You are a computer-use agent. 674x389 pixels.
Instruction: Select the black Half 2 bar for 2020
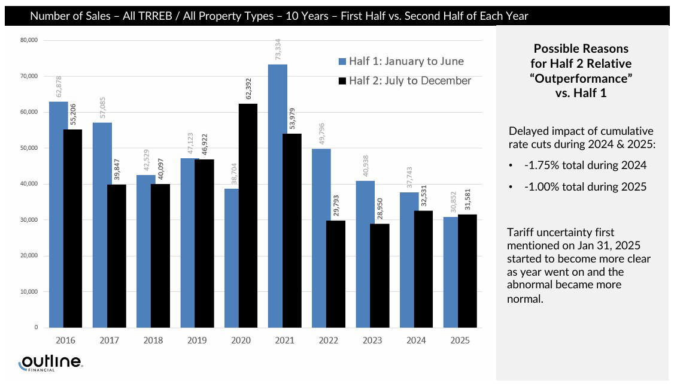pyautogui.click(x=234, y=216)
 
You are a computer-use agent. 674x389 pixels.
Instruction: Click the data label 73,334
pyautogui.click(x=278, y=50)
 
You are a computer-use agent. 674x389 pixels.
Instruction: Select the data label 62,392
pyautogui.click(x=235, y=88)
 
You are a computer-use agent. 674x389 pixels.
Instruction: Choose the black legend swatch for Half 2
pyautogui.click(x=342, y=81)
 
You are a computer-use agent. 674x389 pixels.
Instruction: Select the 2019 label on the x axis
pyautogui.click(x=197, y=340)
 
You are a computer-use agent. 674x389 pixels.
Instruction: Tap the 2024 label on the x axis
pyautogui.click(x=416, y=340)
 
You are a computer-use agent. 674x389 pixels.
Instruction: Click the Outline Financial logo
pyautogui.click(x=51, y=363)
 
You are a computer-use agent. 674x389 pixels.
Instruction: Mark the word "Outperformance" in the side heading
pyautogui.click(x=582, y=79)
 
